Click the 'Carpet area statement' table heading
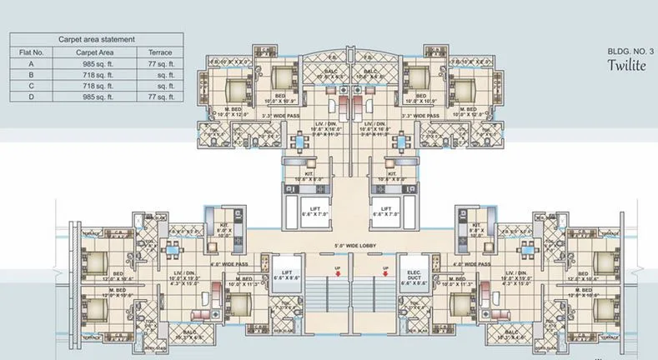tap(97, 39)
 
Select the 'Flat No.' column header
tap(32, 51)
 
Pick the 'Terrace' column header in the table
tap(159, 51)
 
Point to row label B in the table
tap(32, 74)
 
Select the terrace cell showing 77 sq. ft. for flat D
tap(159, 97)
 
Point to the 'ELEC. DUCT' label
tap(412, 276)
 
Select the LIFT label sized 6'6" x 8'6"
tap(285, 276)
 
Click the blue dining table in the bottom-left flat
tap(174, 247)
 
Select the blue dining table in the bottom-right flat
tap(527, 247)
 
